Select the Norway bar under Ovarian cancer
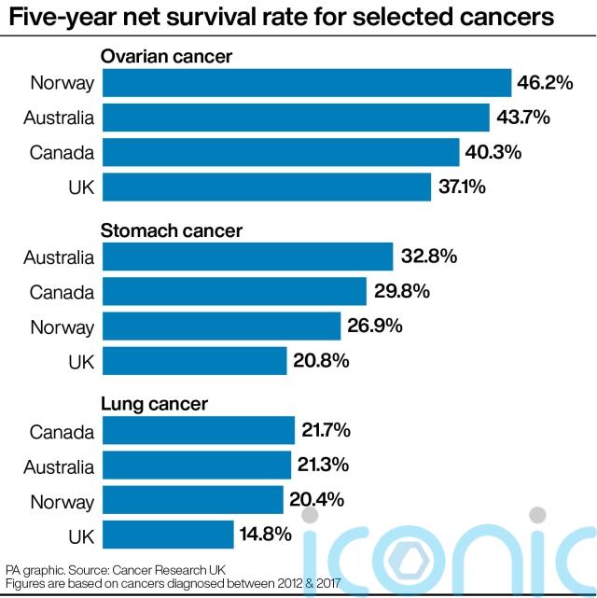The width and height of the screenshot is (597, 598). coord(307,83)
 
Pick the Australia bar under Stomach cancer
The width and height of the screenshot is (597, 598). coord(247,257)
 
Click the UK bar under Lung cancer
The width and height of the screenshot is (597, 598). coord(168,535)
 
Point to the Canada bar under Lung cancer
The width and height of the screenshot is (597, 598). coord(199,431)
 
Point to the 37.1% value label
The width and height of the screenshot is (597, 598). coord(462,187)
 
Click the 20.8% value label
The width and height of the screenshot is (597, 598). coord(322,360)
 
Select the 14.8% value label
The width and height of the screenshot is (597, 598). coord(269,535)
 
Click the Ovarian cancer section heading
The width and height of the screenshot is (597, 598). coord(166,57)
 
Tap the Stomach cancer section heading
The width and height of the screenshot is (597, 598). coord(171,230)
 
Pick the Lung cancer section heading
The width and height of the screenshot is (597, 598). coord(154,405)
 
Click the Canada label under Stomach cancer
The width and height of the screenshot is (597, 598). coord(62,292)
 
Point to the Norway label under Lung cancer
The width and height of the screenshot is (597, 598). coord(62,501)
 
